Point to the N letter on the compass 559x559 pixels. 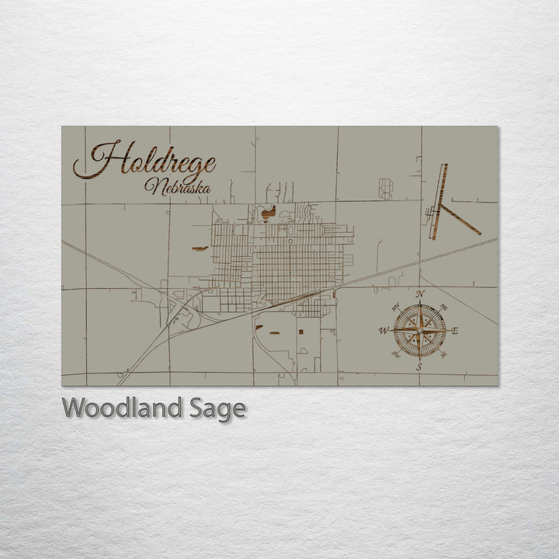(420, 293)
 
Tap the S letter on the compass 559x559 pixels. (419, 367)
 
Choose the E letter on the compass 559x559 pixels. (455, 331)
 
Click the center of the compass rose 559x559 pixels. (419, 331)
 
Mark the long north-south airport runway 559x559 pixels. (439, 200)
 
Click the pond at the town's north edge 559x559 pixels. (268, 210)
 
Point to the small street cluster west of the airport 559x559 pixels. (385, 188)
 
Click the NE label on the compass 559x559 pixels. (444, 307)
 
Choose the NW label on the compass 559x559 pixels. (395, 307)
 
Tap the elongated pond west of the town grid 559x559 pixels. (200, 248)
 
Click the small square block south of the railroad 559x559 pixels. (300, 332)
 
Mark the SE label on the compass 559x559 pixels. (443, 355)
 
